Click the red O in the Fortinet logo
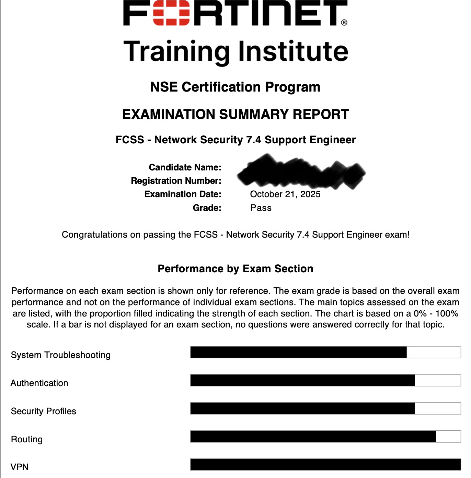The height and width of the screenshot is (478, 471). point(171,13)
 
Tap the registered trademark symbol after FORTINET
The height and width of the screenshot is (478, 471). point(344,23)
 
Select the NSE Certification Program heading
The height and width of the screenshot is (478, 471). point(235,87)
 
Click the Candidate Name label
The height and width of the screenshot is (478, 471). point(185,167)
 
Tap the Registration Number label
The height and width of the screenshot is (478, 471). point(176,181)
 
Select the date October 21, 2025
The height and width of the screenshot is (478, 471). point(285,194)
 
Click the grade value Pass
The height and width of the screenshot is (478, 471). point(261,208)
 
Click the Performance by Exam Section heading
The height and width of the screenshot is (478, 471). point(235,269)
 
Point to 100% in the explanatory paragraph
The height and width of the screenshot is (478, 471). point(447,313)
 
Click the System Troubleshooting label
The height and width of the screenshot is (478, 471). point(61,355)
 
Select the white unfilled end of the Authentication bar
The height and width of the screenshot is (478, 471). point(437,380)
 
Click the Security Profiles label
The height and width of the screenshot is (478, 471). point(44,411)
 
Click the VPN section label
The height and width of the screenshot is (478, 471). point(20,467)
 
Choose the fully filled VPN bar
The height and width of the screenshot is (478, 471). point(325,465)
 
